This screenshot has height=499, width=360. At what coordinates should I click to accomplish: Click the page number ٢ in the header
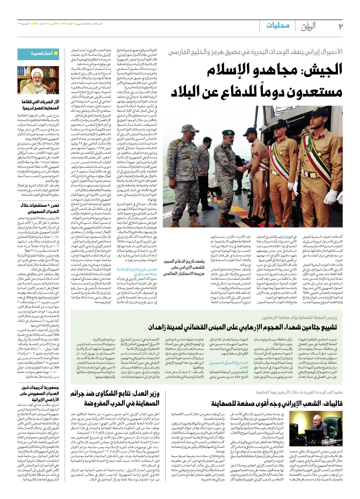click(340, 26)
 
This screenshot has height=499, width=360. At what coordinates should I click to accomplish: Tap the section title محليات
click(278, 25)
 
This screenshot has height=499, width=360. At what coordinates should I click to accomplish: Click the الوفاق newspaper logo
click(308, 26)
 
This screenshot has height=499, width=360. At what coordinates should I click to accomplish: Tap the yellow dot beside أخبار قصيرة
click(56, 54)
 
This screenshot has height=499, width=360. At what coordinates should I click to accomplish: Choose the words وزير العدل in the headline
click(146, 394)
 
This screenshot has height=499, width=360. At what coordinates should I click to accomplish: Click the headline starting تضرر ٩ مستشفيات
click(40, 205)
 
